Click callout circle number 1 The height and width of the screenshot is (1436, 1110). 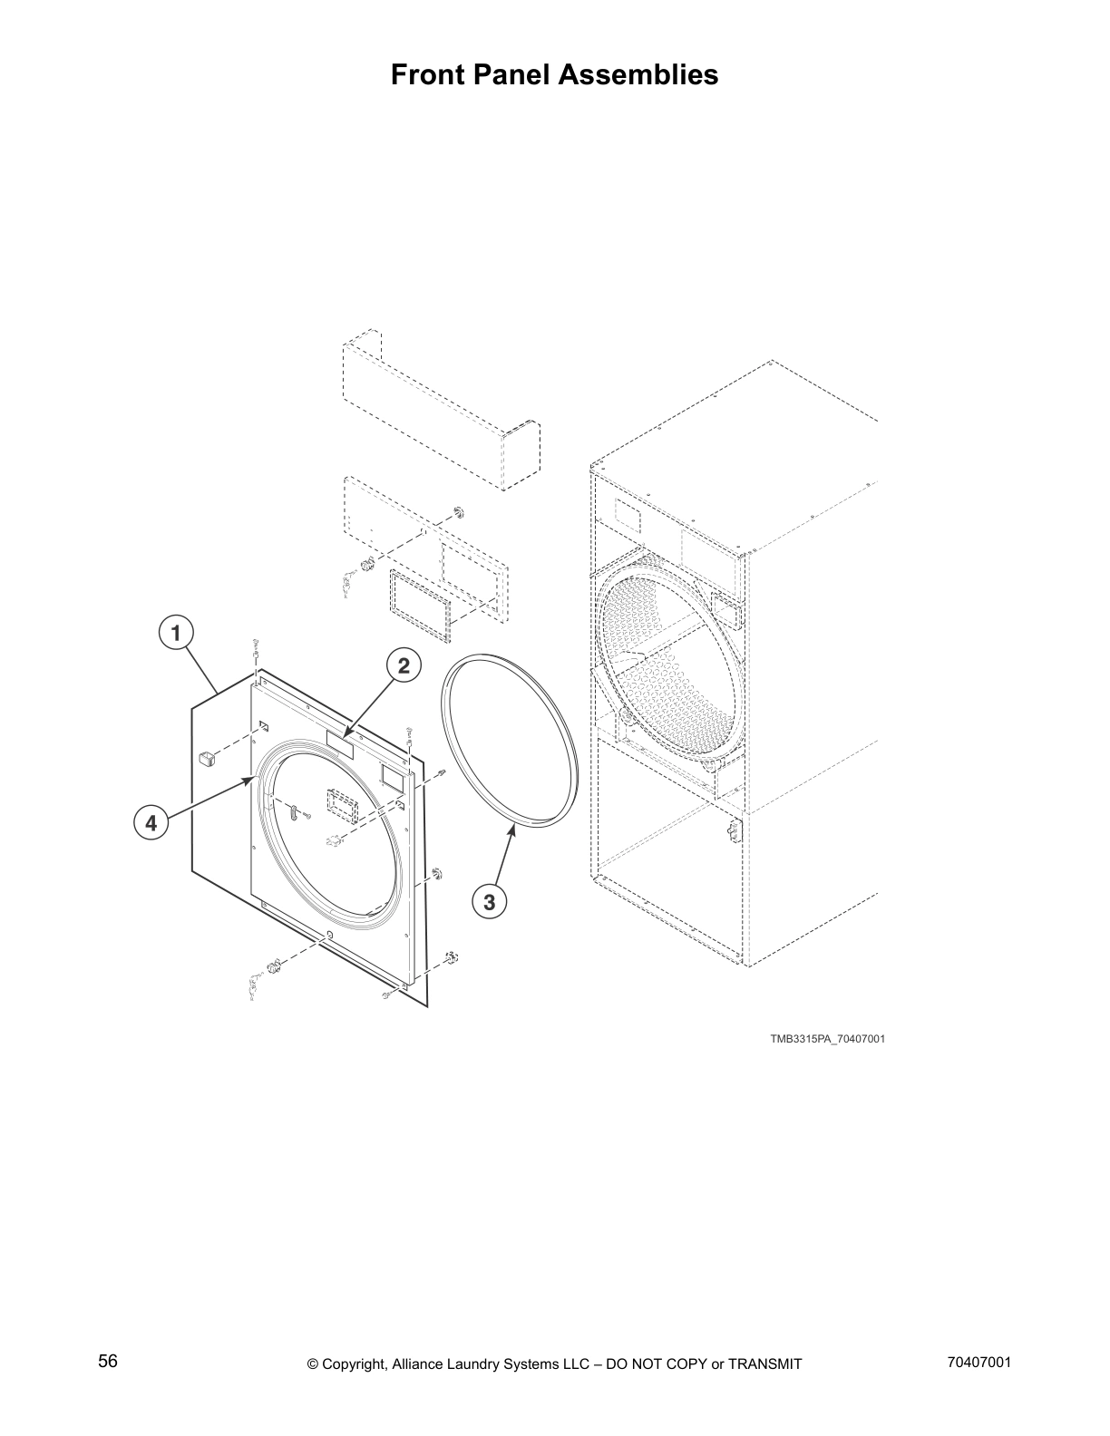click(x=175, y=632)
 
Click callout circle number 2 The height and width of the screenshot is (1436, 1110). click(x=404, y=666)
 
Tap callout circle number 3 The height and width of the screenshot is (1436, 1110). click(x=489, y=902)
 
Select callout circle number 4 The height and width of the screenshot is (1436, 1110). click(x=151, y=823)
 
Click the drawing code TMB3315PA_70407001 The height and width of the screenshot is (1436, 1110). click(x=827, y=1039)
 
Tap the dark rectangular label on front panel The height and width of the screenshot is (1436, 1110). click(x=340, y=744)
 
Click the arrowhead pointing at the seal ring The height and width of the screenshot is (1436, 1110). click(x=513, y=829)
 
